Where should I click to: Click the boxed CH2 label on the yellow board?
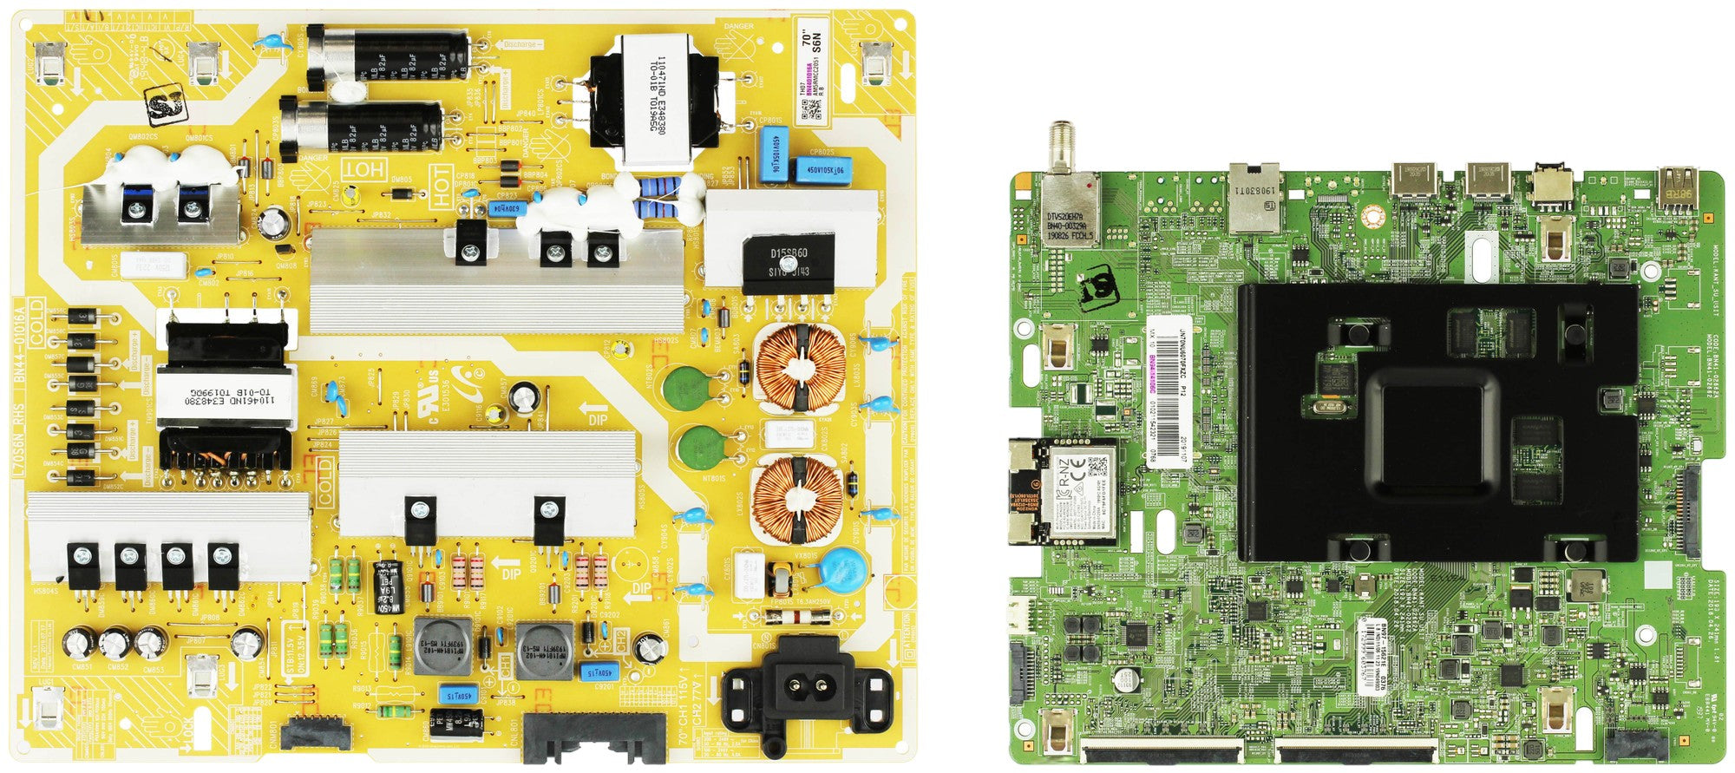coord(621,643)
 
